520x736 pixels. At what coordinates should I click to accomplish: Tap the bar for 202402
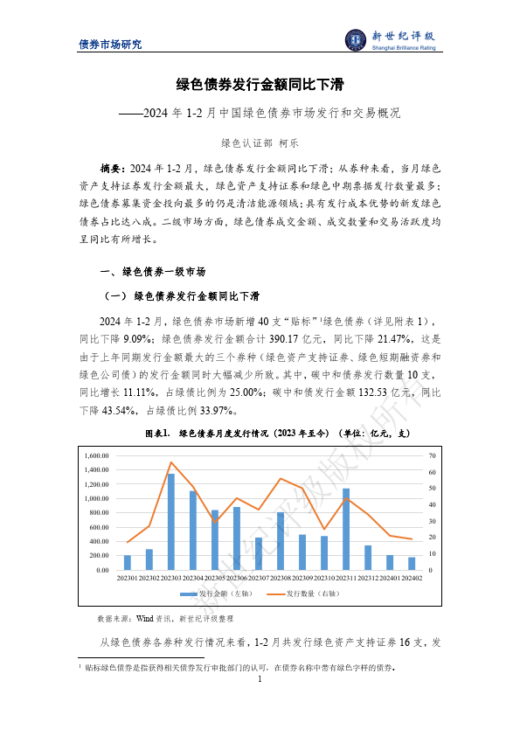(412, 563)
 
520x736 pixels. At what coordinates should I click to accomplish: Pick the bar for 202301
(128, 562)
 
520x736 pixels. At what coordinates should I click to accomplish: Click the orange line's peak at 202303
(171, 462)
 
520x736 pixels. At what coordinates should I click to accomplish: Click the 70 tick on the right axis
(432, 456)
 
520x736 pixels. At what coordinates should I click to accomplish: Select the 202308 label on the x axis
(281, 578)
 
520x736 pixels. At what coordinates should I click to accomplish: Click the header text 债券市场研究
(110, 45)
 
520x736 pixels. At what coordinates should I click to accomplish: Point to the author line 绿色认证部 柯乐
(260, 142)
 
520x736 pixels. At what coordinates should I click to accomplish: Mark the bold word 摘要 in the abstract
(112, 167)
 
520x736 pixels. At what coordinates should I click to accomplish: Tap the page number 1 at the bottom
(260, 679)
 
